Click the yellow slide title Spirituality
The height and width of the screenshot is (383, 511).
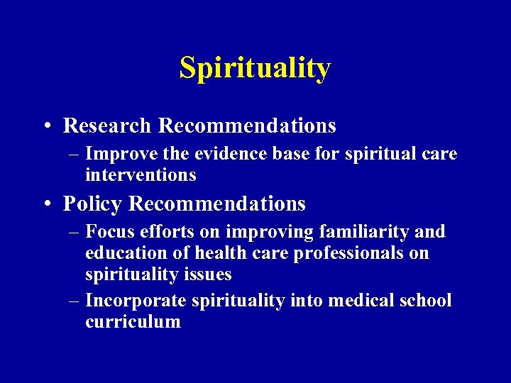tap(255, 68)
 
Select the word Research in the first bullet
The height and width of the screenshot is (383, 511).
tap(107, 126)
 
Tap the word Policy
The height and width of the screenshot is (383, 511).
tap(94, 204)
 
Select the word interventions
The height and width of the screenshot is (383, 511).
tap(140, 174)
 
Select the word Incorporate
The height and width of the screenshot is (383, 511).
tap(136, 301)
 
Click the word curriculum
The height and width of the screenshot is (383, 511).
tap(133, 321)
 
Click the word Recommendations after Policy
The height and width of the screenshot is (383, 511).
tap(217, 204)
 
